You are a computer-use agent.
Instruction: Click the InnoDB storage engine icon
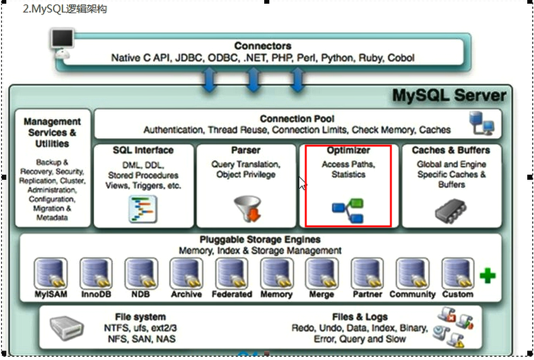coord(96,273)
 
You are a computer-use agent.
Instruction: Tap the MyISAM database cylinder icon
coord(50,273)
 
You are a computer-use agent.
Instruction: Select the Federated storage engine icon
coord(231,273)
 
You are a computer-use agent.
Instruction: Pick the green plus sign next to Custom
coord(487,276)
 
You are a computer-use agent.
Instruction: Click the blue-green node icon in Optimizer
coord(348,210)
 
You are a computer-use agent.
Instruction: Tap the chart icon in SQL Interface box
coord(143,209)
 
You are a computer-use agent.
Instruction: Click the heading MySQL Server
coord(449,96)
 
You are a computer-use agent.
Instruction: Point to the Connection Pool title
coord(297,119)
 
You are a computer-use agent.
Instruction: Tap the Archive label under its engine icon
coord(187,294)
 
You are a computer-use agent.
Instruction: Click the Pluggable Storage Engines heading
coord(260,240)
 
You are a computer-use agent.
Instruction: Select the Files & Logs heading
coord(360,316)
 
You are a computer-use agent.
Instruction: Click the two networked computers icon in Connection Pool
coord(481,122)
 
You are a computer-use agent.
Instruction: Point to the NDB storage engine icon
coord(141,273)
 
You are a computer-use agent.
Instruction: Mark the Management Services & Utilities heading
coord(52,132)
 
